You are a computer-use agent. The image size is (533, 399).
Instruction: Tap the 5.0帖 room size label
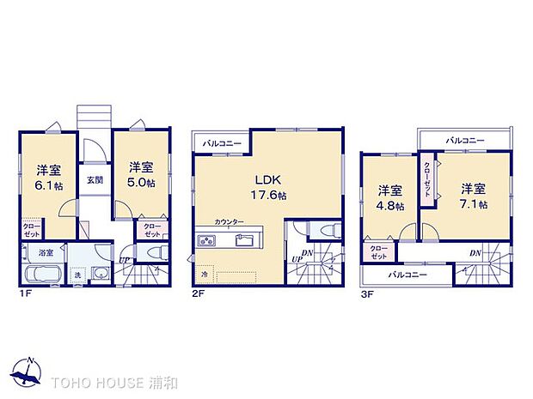pos(142,183)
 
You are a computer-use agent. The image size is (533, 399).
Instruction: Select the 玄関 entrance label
pos(95,179)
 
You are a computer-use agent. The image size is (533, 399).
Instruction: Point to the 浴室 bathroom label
pos(45,253)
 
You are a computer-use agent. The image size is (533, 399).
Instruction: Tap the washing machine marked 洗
pos(77,275)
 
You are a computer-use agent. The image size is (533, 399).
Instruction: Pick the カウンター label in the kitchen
pos(230,221)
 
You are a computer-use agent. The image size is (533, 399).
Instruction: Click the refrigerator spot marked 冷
pos(205,274)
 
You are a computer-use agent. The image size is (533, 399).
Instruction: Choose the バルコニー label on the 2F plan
pos(221,143)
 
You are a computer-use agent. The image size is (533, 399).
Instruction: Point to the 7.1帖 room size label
pos(473,204)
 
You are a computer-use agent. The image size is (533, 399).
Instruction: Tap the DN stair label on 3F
pos(475,253)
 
